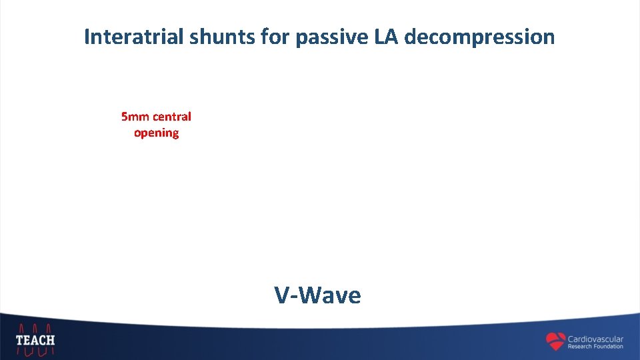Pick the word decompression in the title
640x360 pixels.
pyautogui.click(x=479, y=37)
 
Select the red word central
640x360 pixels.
pyautogui.click(x=172, y=117)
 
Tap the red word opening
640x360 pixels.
pyautogui.click(x=156, y=133)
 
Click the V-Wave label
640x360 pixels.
pyautogui.click(x=317, y=294)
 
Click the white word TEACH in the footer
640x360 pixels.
pyautogui.click(x=35, y=340)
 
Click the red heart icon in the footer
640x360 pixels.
pyautogui.click(x=555, y=341)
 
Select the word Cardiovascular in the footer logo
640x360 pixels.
pyautogui.click(x=595, y=339)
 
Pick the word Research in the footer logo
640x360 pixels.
pyautogui.click(x=580, y=347)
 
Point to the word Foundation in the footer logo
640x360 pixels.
pyautogui.click(x=609, y=347)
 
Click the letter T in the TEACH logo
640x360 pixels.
pyautogui.click(x=20, y=340)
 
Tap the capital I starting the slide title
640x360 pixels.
pyautogui.click(x=87, y=37)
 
